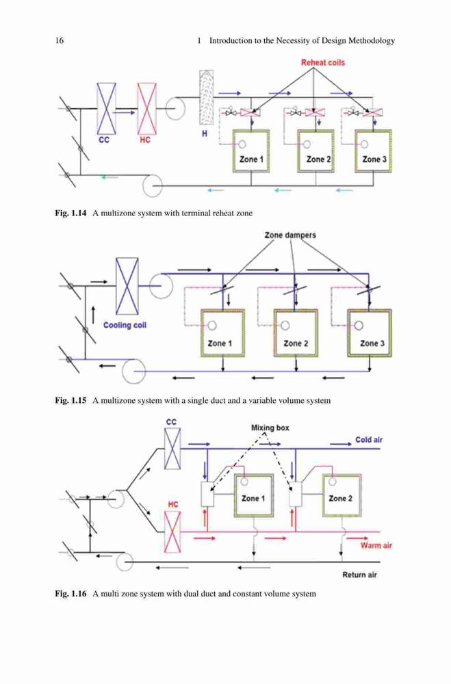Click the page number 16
(x=59, y=40)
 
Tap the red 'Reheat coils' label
(x=322, y=62)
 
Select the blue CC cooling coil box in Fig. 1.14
(x=106, y=109)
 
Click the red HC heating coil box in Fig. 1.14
(x=146, y=109)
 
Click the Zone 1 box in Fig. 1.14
(x=251, y=151)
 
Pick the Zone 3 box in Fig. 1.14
(x=373, y=151)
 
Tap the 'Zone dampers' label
(x=290, y=235)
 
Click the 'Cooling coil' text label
(x=125, y=325)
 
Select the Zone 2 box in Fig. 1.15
(x=296, y=333)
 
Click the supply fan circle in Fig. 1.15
(x=161, y=286)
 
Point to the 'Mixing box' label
(x=270, y=428)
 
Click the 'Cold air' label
(x=368, y=440)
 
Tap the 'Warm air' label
(x=376, y=545)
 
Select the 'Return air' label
(x=359, y=575)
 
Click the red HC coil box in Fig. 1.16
(x=172, y=532)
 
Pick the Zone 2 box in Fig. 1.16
(x=342, y=495)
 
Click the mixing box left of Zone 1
(x=207, y=495)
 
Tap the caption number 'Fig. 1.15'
(x=70, y=400)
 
